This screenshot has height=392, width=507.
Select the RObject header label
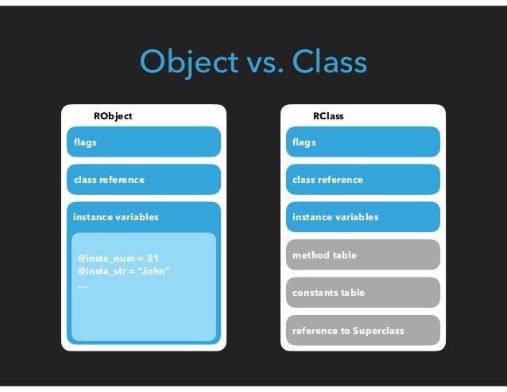[x=113, y=116]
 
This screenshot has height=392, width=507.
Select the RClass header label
[x=327, y=116]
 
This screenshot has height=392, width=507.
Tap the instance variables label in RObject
[x=116, y=217]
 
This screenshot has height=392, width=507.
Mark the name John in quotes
[x=156, y=272]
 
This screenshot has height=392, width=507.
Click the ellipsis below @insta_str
[x=82, y=284]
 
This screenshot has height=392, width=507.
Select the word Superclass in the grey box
[x=377, y=330]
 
